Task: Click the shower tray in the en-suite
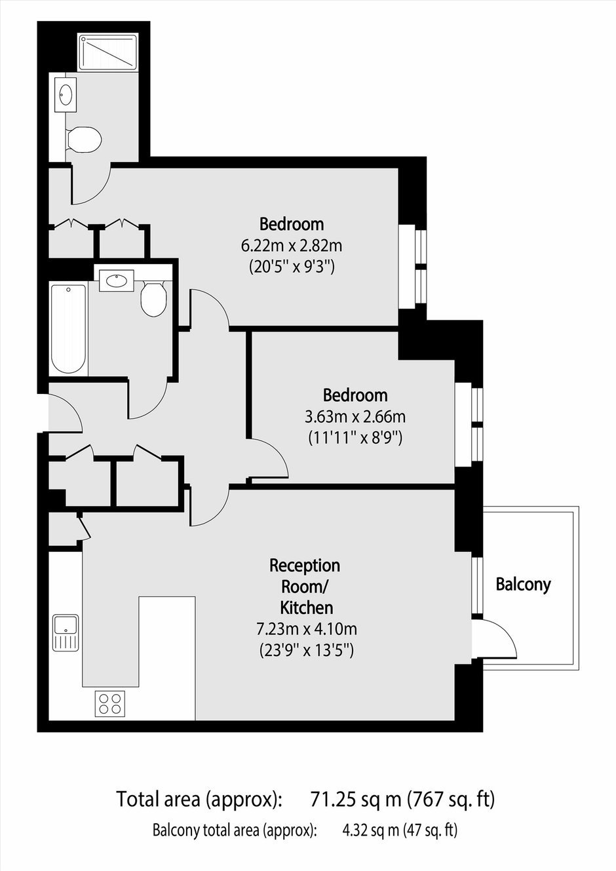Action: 108,52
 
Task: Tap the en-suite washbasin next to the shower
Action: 66,92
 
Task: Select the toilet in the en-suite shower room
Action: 84,139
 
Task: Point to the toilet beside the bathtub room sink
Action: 153,298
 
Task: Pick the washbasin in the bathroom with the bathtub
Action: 116,281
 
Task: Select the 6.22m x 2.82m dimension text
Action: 292,246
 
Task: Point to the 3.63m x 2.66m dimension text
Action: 355,417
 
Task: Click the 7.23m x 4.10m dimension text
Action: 307,629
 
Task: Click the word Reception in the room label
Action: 305,566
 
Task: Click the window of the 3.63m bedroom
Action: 469,425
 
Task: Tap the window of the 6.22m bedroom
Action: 413,267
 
